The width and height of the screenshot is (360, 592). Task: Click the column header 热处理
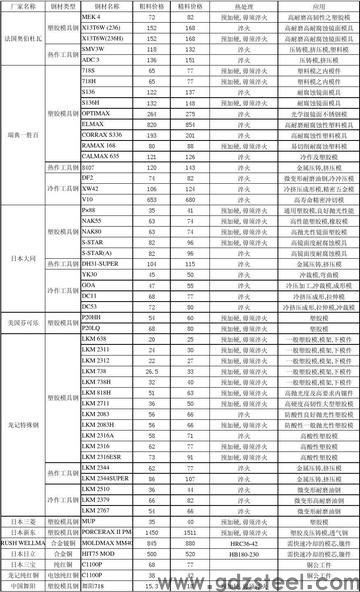coord(229,6)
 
